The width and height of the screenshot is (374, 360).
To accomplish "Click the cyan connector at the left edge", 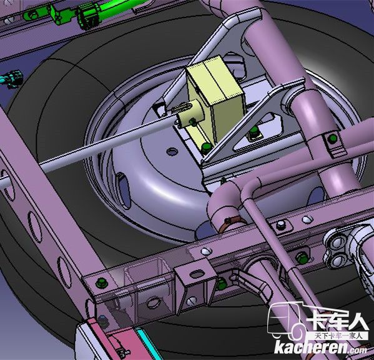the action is coord(12,78).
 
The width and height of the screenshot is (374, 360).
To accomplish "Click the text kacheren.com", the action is coord(320,348).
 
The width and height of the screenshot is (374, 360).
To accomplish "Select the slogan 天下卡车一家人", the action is coord(338,336).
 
